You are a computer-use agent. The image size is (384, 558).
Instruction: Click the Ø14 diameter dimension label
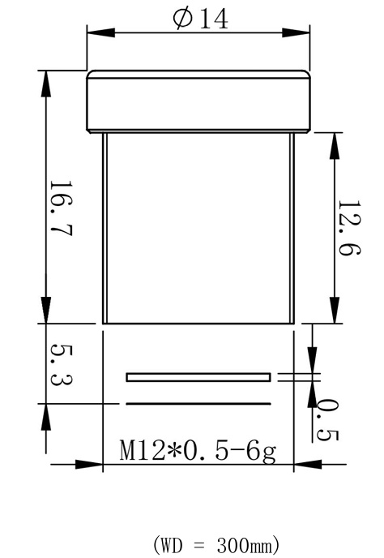point(201,19)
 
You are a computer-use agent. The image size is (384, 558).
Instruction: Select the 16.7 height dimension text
point(61,208)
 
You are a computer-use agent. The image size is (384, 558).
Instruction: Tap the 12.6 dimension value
point(349,228)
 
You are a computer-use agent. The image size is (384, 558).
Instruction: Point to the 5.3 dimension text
point(61,365)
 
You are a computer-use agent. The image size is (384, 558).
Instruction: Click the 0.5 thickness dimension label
point(327,420)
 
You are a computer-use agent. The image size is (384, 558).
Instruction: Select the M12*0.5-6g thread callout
point(198,451)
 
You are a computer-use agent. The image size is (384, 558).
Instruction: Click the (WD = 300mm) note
point(216,544)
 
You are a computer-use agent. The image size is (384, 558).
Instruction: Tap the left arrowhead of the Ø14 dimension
point(101,32)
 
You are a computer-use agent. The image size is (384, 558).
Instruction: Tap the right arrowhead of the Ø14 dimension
point(296,32)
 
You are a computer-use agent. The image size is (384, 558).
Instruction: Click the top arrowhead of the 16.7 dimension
point(46,84)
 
